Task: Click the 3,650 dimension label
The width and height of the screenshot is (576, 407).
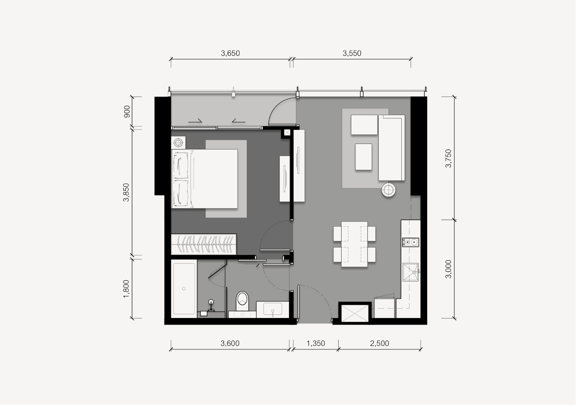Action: pos(230,53)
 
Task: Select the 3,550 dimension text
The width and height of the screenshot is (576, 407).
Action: pos(352,53)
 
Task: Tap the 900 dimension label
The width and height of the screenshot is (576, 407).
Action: pos(127,111)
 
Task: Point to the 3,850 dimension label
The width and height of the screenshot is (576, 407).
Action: pos(126,192)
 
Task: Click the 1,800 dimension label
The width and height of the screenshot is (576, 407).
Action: pos(126,289)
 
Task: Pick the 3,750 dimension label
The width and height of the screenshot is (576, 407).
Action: pos(448,158)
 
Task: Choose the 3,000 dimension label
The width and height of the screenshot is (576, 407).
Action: pos(448,269)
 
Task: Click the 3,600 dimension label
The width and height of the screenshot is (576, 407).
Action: pos(230,343)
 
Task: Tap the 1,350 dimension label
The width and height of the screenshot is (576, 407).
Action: pos(315,343)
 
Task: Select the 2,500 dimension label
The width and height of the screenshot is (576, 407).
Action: pos(379,343)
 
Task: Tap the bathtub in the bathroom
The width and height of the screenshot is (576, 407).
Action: pos(184,289)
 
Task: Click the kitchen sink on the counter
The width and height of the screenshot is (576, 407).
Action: pos(410,272)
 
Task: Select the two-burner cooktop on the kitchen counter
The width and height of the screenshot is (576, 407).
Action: pos(410,242)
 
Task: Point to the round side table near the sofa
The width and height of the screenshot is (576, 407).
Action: pos(388,190)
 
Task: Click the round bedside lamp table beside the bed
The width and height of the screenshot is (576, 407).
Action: pos(178,143)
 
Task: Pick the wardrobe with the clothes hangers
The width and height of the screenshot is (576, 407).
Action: pos(204,244)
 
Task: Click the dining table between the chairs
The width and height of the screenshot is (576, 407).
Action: pos(354,244)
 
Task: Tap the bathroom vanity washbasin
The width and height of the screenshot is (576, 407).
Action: pos(272,309)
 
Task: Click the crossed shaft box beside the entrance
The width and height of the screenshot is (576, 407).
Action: pos(354,313)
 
